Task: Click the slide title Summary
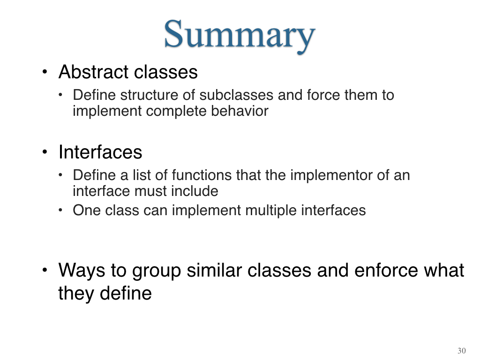tap(240, 35)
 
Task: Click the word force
tap(323, 95)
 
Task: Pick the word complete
tap(176, 111)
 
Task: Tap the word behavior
tap(240, 111)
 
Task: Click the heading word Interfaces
tap(100, 152)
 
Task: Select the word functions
tap(202, 175)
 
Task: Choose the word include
tap(195, 191)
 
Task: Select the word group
tap(157, 271)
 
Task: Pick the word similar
tap(215, 270)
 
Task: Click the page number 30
tap(462, 351)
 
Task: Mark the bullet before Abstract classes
tap(45, 72)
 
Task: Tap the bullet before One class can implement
tap(60, 210)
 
